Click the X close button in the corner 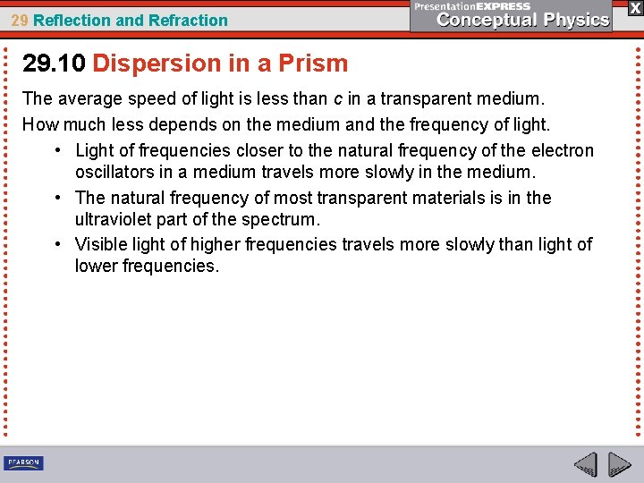pos(633,7)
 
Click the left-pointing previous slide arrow pos(585,464)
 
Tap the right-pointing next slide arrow pos(619,464)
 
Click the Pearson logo pos(23,462)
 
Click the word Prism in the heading pos(312,64)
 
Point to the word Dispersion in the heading pos(149,64)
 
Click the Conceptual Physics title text pos(523,21)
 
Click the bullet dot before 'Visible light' pos(57,244)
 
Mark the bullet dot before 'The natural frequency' pos(57,198)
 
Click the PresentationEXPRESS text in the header pos(471,6)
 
